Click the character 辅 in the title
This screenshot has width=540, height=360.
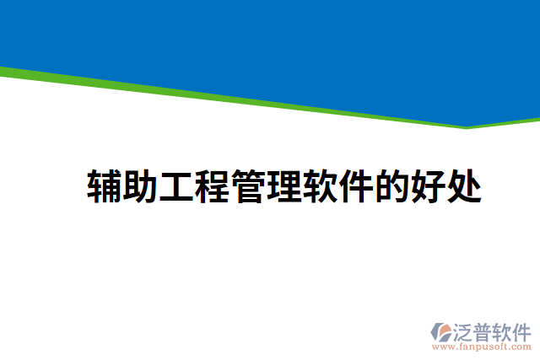pyautogui.click(x=105, y=186)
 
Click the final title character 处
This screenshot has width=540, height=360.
pyautogui.click(x=463, y=186)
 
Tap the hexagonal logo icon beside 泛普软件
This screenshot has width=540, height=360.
pyautogui.click(x=441, y=331)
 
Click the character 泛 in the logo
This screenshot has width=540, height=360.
pyautogui.click(x=463, y=330)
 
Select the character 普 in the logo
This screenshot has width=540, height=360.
pyautogui.click(x=484, y=330)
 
